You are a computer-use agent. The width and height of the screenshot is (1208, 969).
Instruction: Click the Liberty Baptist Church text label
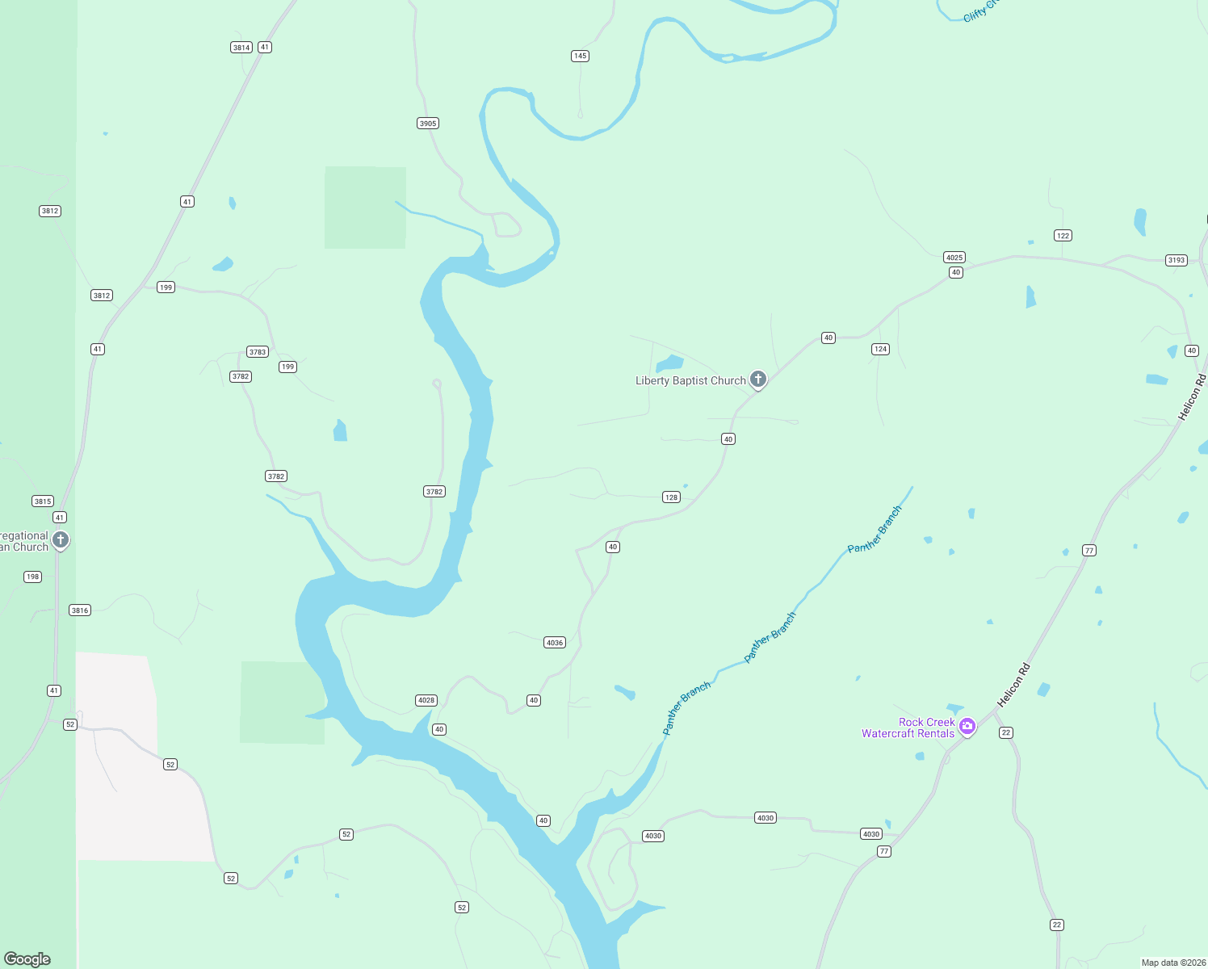690,380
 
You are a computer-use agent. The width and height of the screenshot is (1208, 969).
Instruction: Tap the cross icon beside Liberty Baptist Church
758,379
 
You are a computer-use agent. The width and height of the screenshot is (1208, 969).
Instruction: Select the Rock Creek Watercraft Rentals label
908,728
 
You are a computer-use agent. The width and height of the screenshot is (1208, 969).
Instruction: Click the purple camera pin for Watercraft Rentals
967,726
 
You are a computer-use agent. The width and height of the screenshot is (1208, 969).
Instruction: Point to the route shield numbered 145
580,56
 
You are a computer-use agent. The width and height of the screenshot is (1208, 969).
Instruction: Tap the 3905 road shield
428,124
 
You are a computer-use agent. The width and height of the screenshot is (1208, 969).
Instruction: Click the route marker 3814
241,48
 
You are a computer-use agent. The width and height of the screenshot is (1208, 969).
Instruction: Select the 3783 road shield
258,352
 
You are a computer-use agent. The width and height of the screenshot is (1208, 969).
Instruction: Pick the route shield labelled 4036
555,643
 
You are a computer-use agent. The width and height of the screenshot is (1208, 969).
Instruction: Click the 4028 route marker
426,700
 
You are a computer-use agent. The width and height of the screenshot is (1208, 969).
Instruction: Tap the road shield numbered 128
671,497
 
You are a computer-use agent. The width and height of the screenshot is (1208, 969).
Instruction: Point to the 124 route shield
880,349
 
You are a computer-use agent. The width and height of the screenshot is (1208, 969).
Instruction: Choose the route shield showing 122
1063,236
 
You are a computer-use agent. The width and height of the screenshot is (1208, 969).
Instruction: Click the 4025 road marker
954,258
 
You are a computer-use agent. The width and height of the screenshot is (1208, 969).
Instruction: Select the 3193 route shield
1177,260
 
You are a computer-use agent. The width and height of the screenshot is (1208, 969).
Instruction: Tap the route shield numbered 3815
43,501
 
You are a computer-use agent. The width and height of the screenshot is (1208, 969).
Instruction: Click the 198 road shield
32,577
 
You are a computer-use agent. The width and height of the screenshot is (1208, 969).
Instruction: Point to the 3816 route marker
80,610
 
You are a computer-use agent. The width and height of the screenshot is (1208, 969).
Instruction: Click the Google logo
27,959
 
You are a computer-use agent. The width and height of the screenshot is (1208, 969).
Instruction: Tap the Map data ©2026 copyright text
1172,963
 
